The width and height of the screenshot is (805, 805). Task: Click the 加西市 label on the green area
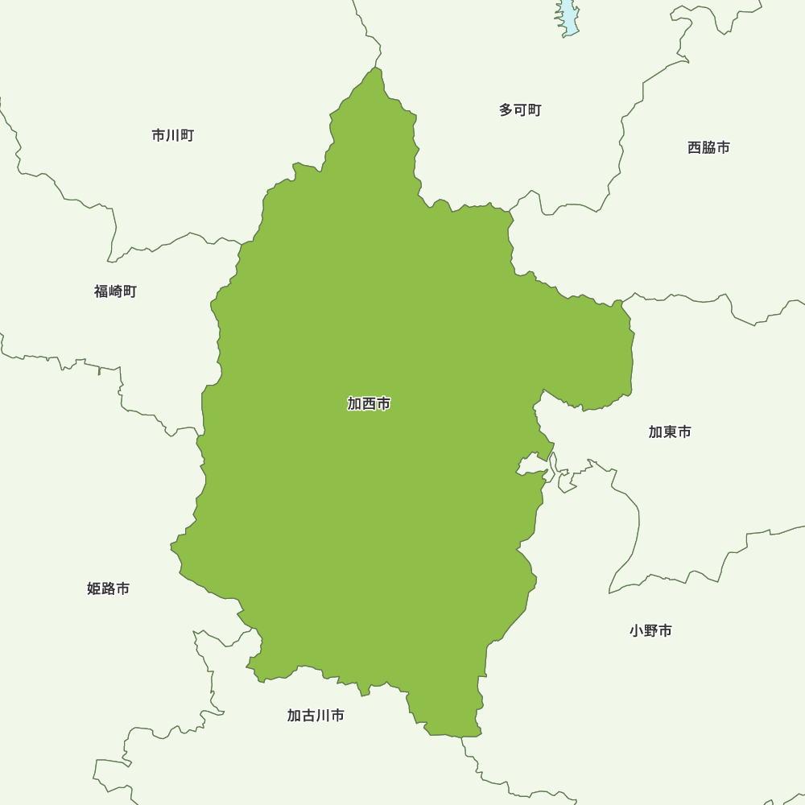369,404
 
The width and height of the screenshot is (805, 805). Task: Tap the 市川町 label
172,135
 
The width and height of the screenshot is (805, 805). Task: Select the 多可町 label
520,109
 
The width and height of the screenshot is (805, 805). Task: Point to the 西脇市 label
708,147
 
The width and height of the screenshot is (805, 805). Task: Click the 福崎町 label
115,291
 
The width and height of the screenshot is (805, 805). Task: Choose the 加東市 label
670,432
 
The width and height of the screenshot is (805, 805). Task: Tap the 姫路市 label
108,588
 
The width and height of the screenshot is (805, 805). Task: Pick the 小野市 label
650,631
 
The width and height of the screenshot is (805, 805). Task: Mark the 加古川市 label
316,716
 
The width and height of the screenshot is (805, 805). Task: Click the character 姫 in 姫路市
93,588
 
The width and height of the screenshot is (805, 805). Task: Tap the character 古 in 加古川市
308,716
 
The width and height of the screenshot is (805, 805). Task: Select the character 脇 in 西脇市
708,147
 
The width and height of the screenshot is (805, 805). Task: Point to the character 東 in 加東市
670,432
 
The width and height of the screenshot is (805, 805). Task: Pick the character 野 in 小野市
650,631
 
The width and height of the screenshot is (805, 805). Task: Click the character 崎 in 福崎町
115,291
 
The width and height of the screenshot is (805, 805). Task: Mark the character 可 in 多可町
520,109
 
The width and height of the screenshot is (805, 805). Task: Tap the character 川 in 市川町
172,135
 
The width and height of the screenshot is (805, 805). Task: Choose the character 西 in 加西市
369,404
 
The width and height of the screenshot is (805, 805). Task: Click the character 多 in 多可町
506,109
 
